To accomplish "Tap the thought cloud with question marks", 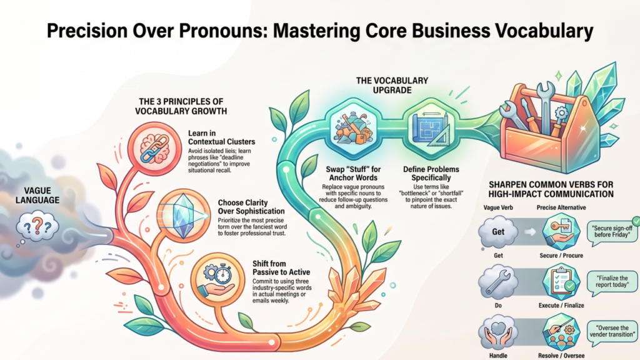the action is point(37,226).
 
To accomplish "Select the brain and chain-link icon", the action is point(154,149).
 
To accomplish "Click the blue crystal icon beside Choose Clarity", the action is point(184,216).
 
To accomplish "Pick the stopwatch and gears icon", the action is point(218,279).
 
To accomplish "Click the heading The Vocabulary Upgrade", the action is point(392,85).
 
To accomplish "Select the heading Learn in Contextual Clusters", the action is point(221,137).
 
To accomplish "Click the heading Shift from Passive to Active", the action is point(281,267).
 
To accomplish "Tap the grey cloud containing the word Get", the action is point(498,232).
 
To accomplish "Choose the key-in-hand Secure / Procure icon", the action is point(561,231).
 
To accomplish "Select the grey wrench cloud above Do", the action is point(498,282).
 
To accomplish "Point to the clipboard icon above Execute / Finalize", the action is point(561,282).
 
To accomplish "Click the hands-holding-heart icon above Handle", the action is point(498,332).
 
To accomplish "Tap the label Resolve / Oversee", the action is point(561,356).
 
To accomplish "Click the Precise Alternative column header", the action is point(561,207).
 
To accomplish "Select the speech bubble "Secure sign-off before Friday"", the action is point(612,232).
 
